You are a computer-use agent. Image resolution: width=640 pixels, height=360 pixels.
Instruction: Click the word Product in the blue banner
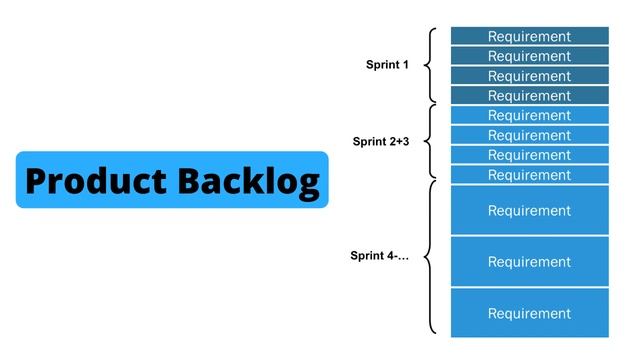coord(97,181)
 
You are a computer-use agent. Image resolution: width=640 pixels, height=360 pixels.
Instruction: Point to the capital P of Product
coord(37,181)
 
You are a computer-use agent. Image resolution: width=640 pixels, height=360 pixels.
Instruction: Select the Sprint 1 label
coord(387,65)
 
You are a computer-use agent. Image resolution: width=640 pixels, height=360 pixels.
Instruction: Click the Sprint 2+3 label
coord(381,142)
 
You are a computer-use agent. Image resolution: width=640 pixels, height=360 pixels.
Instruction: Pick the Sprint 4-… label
coord(380,256)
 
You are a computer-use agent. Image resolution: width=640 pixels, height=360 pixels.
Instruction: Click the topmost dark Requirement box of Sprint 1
coord(529,36)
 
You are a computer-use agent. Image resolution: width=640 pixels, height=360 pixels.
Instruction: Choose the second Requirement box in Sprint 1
coord(529,56)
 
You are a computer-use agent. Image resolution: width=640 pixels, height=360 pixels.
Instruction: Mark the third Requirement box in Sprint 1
coord(529,76)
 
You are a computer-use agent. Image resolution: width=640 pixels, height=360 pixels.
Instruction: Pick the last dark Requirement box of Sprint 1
coord(529,96)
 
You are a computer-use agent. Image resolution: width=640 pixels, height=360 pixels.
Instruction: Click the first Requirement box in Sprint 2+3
coord(529,116)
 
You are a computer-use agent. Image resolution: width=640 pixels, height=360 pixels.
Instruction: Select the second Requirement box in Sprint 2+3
coord(529,136)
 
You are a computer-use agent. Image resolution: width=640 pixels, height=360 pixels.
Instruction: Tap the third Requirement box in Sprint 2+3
coord(529,155)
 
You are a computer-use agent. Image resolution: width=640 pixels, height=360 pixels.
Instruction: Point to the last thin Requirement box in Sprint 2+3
coord(529,175)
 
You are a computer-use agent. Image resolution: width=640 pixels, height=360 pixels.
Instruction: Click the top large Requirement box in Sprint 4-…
coord(529,210)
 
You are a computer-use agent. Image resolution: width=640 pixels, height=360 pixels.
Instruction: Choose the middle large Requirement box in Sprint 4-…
coord(529,262)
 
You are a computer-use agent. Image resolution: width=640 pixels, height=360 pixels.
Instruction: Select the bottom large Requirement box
coord(529,313)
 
